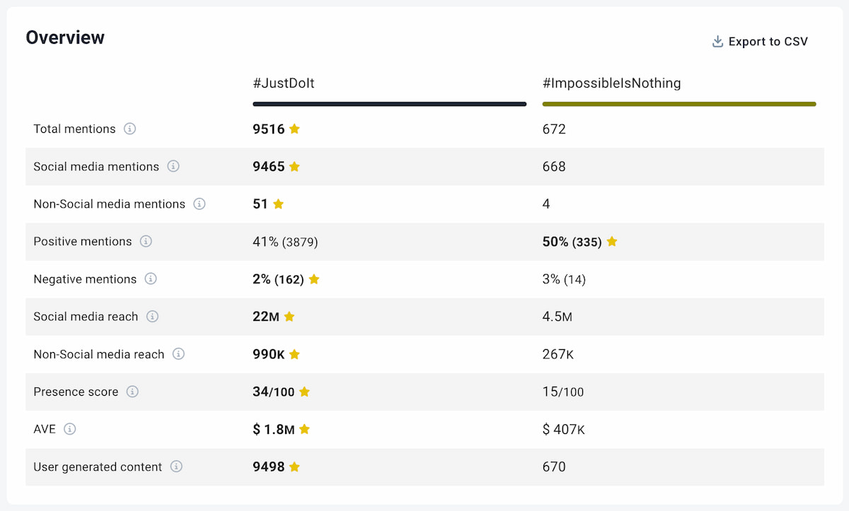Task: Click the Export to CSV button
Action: [x=760, y=42]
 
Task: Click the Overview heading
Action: [x=65, y=38]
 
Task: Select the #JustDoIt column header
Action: [x=284, y=83]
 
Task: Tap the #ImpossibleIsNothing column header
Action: [x=611, y=83]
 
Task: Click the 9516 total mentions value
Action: [x=269, y=129]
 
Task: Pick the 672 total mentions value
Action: [x=554, y=129]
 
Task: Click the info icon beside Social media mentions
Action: [x=173, y=167]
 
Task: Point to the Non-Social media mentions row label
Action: [x=109, y=204]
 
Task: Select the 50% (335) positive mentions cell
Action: [x=572, y=242]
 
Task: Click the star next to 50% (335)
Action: [x=612, y=242]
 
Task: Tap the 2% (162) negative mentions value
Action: [x=278, y=279]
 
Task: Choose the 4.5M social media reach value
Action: [x=557, y=317]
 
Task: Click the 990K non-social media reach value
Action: [x=269, y=354]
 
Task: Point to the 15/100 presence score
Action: [x=562, y=392]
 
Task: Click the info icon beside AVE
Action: [x=69, y=429]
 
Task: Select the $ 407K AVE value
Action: [x=563, y=429]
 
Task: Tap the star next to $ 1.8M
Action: [x=305, y=429]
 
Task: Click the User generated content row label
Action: [x=98, y=466]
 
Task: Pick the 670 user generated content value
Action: [x=554, y=466]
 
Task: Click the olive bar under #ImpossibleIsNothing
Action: [x=679, y=104]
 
